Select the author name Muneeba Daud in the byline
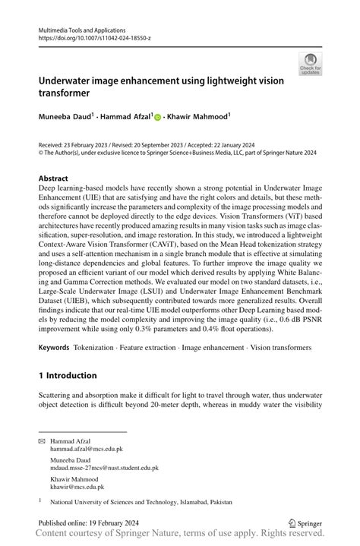pos(64,117)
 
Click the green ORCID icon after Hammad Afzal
pos(157,118)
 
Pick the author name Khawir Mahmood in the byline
pos(198,117)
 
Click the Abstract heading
pos(58,178)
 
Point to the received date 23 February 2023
pos(87,144)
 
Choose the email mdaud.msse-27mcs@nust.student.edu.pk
pos(104,469)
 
